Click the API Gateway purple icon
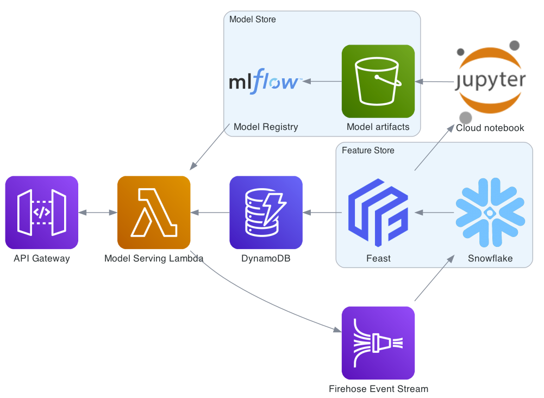coord(42,212)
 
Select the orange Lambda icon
coord(154,212)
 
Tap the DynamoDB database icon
coord(266,212)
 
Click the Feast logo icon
coord(378,212)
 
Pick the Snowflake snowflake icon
coord(490,212)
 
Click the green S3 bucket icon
coord(378,81)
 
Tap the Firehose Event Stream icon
coord(378,343)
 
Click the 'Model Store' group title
coord(252,20)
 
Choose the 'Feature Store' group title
coord(368,151)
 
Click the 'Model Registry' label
coord(266,127)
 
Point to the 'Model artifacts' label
coord(378,127)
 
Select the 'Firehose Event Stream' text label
coord(378,389)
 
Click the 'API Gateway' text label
coord(42,258)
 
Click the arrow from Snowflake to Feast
coord(434,212)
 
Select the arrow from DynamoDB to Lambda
coord(210,212)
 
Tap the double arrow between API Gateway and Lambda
coord(98,212)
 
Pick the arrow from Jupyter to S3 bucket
coord(435,82)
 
